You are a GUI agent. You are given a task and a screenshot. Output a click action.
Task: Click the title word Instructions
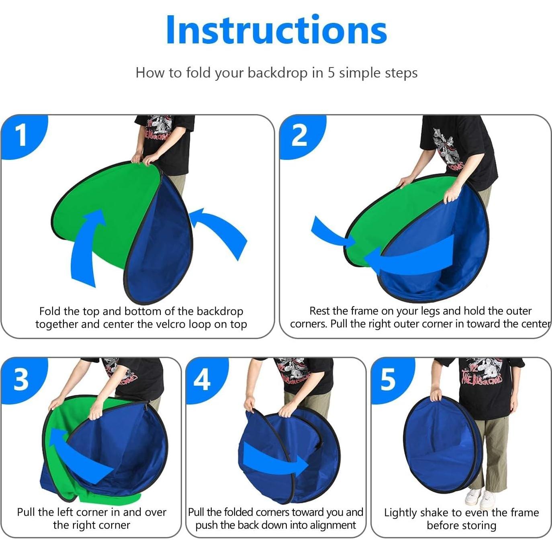(276, 30)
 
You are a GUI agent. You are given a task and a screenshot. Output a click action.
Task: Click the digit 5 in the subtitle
(331, 73)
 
